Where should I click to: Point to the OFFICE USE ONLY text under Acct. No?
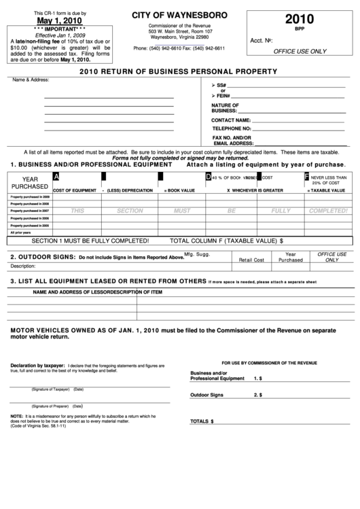coord(300,51)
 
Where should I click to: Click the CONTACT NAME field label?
coord(232,120)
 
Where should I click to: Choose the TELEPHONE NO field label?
coord(232,128)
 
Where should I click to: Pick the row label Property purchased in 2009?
coord(29,197)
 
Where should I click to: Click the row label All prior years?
coord(20,232)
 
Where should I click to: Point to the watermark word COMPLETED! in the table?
coord(329,211)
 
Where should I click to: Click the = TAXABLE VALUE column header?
coord(329,190)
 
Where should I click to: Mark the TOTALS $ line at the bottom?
coord(202,421)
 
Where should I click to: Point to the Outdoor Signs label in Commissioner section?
coord(207,395)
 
